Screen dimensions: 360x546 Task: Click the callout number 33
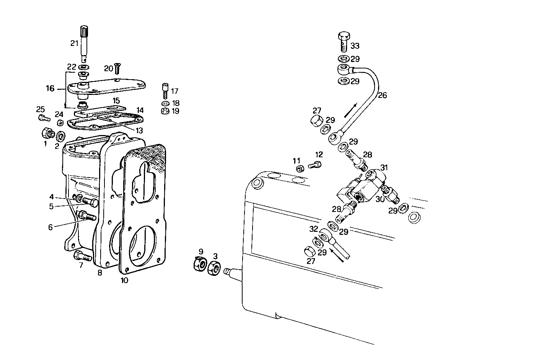point(355,46)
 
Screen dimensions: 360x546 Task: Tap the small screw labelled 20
point(117,69)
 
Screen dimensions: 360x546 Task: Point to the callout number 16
point(50,89)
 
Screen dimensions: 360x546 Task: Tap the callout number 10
point(124,280)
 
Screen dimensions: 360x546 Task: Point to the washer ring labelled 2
point(60,136)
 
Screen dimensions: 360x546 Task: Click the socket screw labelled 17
point(165,90)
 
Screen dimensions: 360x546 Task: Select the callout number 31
point(384,168)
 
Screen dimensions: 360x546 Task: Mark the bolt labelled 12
point(315,165)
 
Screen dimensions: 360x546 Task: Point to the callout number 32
point(313,229)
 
